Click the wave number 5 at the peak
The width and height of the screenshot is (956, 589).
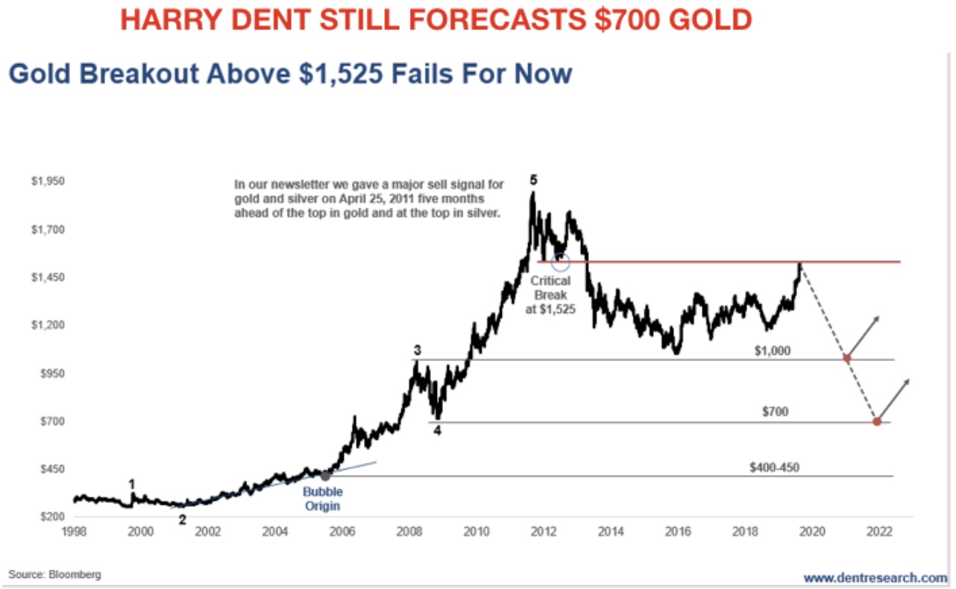pyautogui.click(x=532, y=180)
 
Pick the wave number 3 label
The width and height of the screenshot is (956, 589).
pyautogui.click(x=418, y=350)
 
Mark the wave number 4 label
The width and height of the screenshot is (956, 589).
pyautogui.click(x=438, y=430)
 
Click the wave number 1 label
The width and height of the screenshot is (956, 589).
pyautogui.click(x=132, y=484)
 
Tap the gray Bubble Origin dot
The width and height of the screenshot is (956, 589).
pyautogui.click(x=325, y=475)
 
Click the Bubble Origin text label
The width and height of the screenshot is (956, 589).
pyautogui.click(x=322, y=499)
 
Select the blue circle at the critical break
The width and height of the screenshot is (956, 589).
pyautogui.click(x=561, y=262)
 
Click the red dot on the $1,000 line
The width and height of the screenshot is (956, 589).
pyautogui.click(x=846, y=359)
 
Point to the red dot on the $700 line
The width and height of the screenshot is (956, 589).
pyautogui.click(x=877, y=422)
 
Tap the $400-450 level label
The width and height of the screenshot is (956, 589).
pyautogui.click(x=775, y=468)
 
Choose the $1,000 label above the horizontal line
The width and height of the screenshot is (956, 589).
pyautogui.click(x=772, y=350)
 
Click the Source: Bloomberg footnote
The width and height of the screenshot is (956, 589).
pyautogui.click(x=54, y=575)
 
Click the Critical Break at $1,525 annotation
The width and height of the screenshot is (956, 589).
pyautogui.click(x=550, y=294)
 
